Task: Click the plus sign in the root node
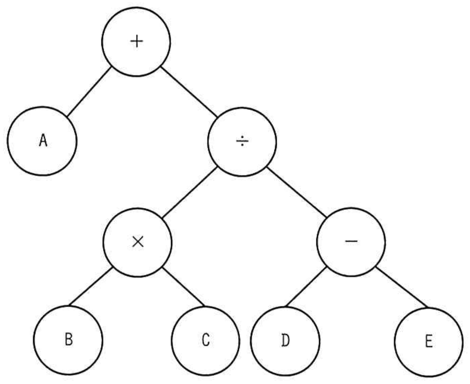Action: [x=137, y=41]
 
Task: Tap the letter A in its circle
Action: [x=43, y=140]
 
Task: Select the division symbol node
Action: [x=242, y=141]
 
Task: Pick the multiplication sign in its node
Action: [x=138, y=242]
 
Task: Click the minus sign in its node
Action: [x=351, y=241]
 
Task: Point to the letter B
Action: [x=68, y=340]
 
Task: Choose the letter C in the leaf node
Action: [x=205, y=340]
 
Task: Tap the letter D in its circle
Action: [x=286, y=341]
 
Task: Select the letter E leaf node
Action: [x=429, y=341]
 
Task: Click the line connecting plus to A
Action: [x=89, y=91]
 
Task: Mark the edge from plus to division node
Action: [x=188, y=91]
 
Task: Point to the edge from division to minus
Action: [x=297, y=192]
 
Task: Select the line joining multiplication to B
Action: [x=91, y=287]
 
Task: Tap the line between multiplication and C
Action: [x=184, y=287]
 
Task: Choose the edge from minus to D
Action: [x=306, y=287]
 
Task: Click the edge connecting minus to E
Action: [x=402, y=287]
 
